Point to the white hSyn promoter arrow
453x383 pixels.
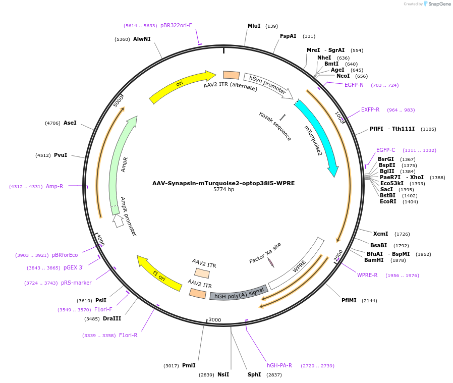point(267,84)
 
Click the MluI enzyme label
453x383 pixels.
point(254,26)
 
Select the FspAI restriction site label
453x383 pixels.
point(288,36)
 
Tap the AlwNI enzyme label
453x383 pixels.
point(142,39)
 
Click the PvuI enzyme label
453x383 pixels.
point(61,155)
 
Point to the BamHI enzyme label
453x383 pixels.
point(374,260)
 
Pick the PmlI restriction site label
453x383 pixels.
point(189,365)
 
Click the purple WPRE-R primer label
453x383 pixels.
point(367,275)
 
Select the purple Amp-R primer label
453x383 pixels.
point(54,186)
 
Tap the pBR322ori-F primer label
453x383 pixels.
point(176,25)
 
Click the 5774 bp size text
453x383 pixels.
point(223,190)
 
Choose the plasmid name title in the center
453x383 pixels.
point(223,183)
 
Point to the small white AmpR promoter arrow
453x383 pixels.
point(119,221)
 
